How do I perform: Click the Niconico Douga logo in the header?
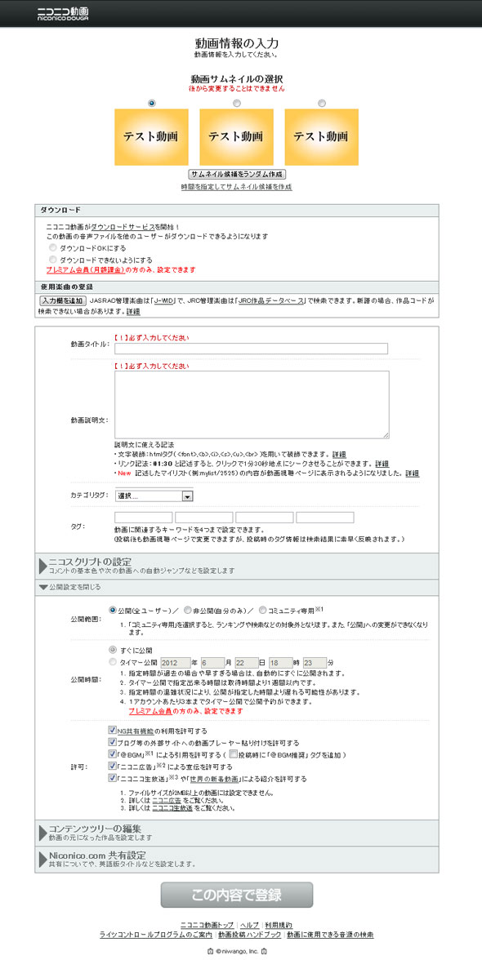tap(64, 12)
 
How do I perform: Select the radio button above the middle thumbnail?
tap(237, 103)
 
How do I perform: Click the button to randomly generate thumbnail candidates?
tap(237, 174)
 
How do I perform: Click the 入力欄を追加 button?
tap(62, 300)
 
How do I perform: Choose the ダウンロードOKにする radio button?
tap(54, 247)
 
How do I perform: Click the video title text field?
tap(251, 349)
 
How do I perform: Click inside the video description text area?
tap(251, 404)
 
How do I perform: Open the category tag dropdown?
tap(154, 496)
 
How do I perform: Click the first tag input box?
tap(143, 518)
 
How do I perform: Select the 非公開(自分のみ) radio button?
tap(189, 609)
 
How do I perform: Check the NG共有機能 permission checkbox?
tap(113, 730)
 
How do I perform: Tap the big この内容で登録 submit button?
tap(237, 895)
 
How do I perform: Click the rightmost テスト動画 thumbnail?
tap(321, 136)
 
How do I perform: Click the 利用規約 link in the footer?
tap(278, 923)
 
